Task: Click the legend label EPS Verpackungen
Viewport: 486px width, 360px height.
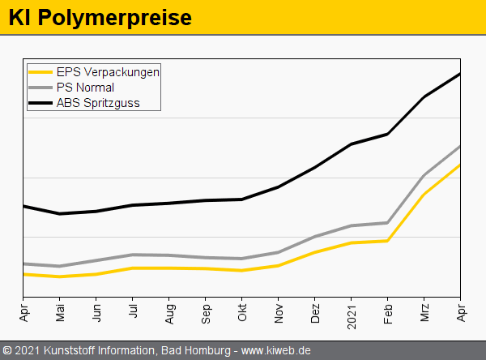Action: click(108, 71)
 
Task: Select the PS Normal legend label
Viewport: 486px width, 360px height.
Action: click(85, 87)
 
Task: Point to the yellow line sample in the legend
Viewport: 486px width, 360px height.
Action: click(40, 71)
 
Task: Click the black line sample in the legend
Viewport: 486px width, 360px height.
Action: click(40, 103)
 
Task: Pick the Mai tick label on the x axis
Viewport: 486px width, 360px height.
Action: click(60, 312)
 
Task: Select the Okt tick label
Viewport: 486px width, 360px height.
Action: click(242, 311)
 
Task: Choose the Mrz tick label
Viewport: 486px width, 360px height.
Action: click(424, 312)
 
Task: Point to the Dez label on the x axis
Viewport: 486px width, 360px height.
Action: click(315, 312)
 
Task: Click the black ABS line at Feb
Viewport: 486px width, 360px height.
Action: click(388, 134)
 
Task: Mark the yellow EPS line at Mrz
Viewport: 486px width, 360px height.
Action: click(424, 195)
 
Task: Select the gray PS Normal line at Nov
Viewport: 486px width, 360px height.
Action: click(279, 252)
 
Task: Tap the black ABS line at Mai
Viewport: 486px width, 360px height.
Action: click(60, 214)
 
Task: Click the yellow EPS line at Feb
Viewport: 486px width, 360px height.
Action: click(388, 241)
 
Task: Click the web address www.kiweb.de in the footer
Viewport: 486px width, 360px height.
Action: click(276, 350)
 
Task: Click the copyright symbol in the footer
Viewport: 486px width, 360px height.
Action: click(7, 350)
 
